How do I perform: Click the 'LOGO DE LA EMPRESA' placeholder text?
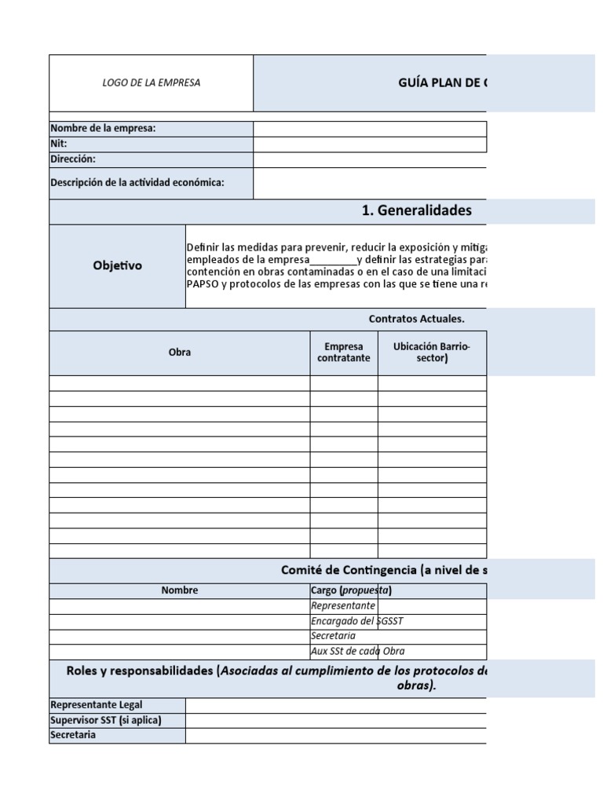click(x=152, y=82)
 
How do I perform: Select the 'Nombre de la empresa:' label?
click(x=103, y=129)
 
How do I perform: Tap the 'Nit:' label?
click(x=59, y=144)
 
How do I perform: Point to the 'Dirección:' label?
click(x=73, y=159)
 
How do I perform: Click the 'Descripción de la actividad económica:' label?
click(x=137, y=182)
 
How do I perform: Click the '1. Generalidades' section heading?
click(x=417, y=210)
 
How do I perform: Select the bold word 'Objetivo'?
click(x=118, y=265)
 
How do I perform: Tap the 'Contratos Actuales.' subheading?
click(x=417, y=319)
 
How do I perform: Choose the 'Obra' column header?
click(x=180, y=353)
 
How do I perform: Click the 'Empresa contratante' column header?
click(x=344, y=353)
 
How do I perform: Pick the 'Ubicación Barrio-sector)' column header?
click(x=432, y=353)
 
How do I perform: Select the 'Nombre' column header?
click(x=180, y=590)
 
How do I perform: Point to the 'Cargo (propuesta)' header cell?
click(x=351, y=590)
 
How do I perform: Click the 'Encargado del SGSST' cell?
click(x=357, y=621)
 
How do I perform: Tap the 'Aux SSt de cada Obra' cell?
click(x=358, y=651)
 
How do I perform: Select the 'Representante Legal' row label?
click(x=97, y=705)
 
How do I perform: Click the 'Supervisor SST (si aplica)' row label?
click(x=106, y=720)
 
